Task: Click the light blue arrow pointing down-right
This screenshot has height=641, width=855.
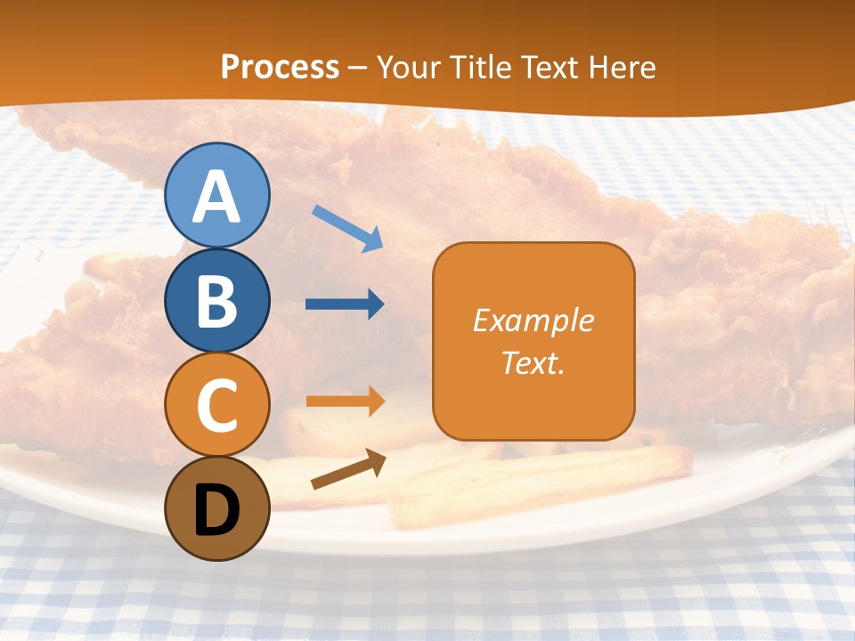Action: (348, 227)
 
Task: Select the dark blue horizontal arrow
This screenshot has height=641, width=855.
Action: (345, 304)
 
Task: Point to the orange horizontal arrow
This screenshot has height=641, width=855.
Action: (345, 401)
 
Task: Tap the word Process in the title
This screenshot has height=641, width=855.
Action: (280, 68)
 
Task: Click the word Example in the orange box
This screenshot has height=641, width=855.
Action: (533, 320)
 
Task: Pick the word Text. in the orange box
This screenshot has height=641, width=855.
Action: (533, 362)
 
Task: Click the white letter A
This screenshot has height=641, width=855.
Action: (216, 198)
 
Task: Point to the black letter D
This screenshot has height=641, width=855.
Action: (216, 511)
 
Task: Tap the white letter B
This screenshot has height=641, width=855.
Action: (216, 301)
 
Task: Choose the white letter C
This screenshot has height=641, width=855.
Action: (216, 405)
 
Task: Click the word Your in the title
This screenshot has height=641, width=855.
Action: (408, 68)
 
